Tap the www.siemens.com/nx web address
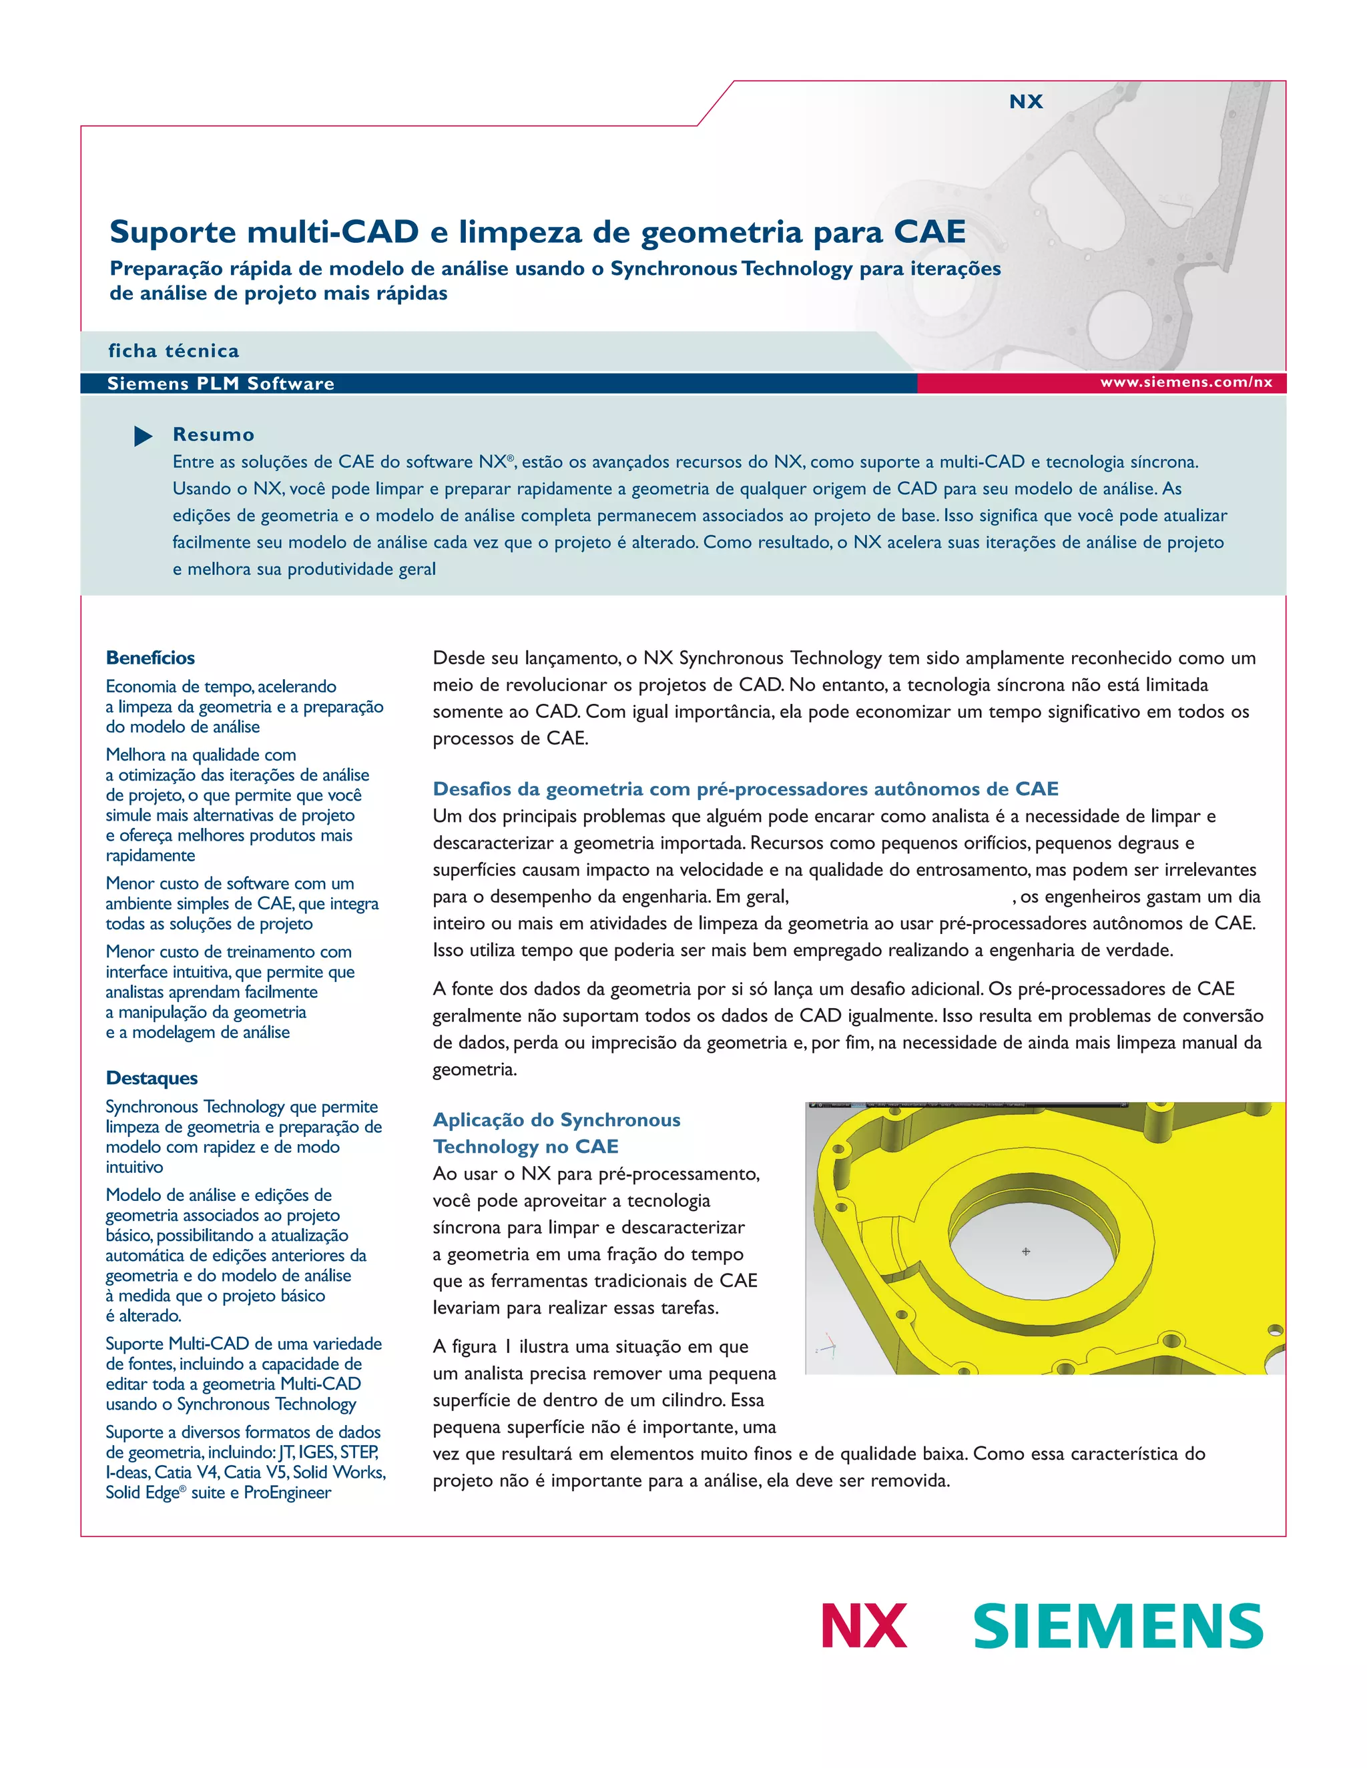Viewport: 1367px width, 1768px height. pos(1185,382)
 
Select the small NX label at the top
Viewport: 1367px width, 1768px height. pos(1025,102)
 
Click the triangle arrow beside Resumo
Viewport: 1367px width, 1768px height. pos(144,436)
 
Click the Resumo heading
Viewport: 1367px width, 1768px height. pos(214,435)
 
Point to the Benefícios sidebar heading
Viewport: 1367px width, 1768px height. pos(151,657)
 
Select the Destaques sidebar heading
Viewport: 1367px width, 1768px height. pos(152,1077)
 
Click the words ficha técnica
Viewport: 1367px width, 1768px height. pos(174,350)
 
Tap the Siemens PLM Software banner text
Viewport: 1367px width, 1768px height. pos(220,384)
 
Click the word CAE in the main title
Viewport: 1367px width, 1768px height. pos(929,232)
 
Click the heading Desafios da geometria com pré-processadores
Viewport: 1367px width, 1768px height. pos(745,789)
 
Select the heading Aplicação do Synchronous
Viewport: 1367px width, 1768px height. pos(557,1120)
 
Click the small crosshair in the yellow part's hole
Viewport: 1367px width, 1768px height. pos(1026,1252)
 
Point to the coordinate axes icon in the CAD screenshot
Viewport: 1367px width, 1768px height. pos(828,1346)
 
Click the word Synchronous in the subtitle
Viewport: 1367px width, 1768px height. pos(673,269)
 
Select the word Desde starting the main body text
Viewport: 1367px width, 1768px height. pos(457,657)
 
